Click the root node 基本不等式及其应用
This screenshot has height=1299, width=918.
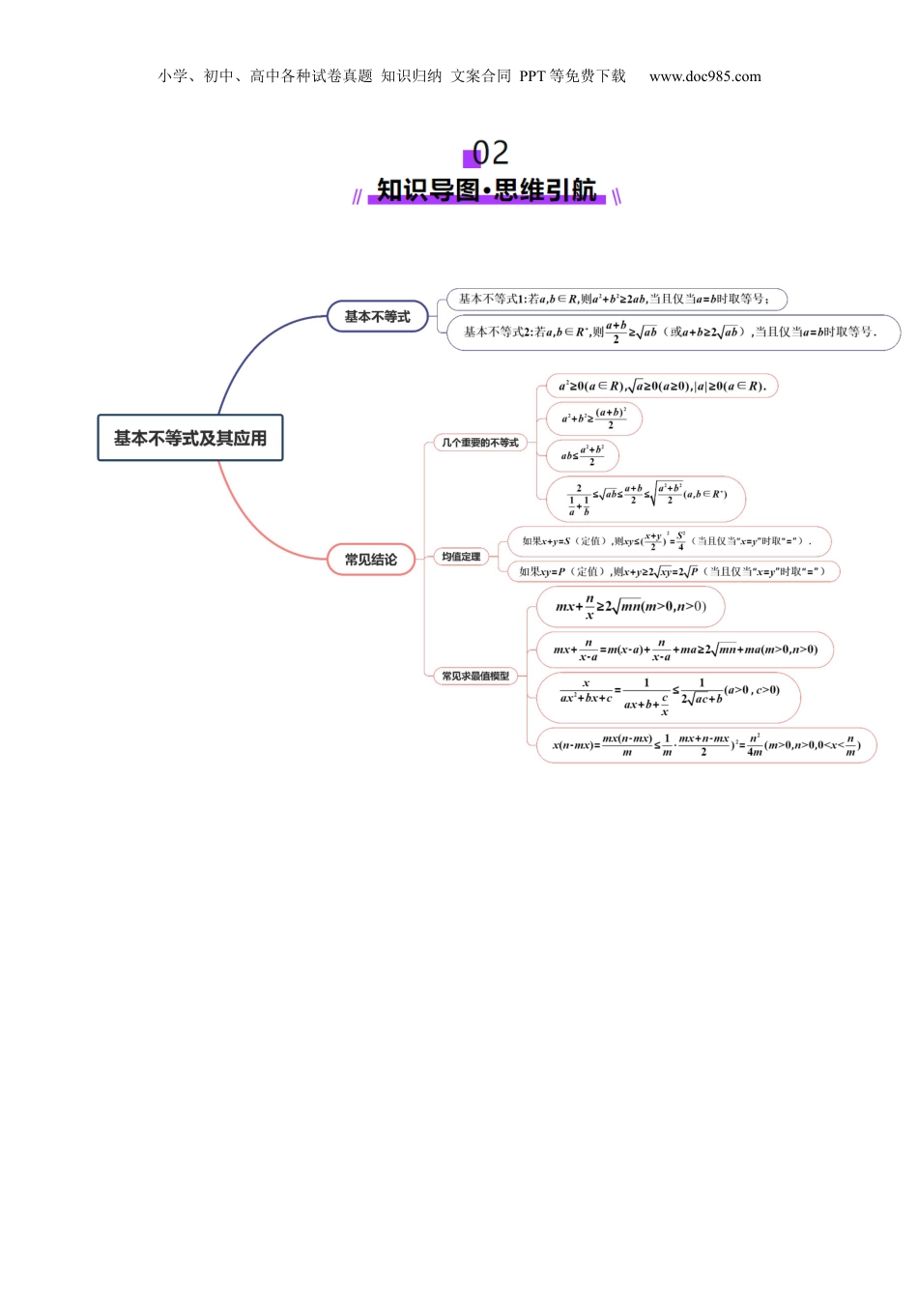tap(190, 438)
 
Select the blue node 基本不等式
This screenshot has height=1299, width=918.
tap(377, 316)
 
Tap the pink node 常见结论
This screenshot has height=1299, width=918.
tap(371, 560)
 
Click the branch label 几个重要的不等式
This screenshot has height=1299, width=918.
tap(480, 443)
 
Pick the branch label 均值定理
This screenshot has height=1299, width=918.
tap(461, 557)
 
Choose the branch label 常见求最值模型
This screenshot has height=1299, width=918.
tap(475, 676)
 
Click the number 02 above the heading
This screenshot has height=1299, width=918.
tap(490, 153)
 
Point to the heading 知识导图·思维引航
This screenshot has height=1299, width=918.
tap(486, 189)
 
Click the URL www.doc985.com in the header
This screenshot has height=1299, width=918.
tap(704, 76)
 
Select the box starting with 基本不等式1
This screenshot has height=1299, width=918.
tap(616, 300)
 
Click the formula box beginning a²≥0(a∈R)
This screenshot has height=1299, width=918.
tap(662, 386)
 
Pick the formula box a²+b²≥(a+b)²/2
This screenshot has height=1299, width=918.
tap(593, 419)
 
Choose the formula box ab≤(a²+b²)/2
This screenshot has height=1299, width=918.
tap(582, 455)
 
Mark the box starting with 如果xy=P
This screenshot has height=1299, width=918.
tap(673, 571)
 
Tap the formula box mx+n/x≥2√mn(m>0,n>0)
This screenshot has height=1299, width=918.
tap(630, 607)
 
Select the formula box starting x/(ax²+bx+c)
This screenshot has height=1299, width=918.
tap(669, 697)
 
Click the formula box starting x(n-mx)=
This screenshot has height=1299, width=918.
tap(705, 745)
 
